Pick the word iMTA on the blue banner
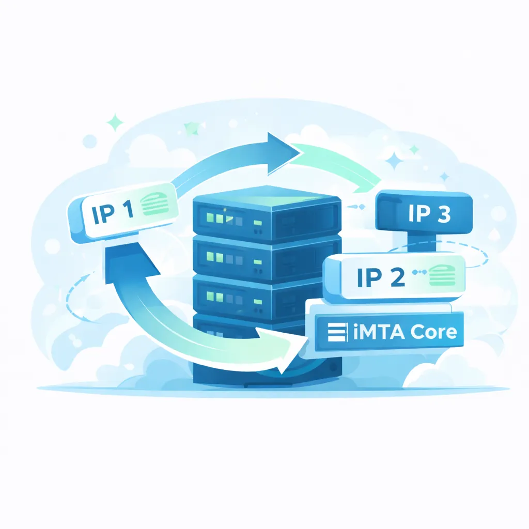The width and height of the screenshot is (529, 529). pos(374,332)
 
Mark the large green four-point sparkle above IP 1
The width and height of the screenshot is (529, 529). pos(115,123)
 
